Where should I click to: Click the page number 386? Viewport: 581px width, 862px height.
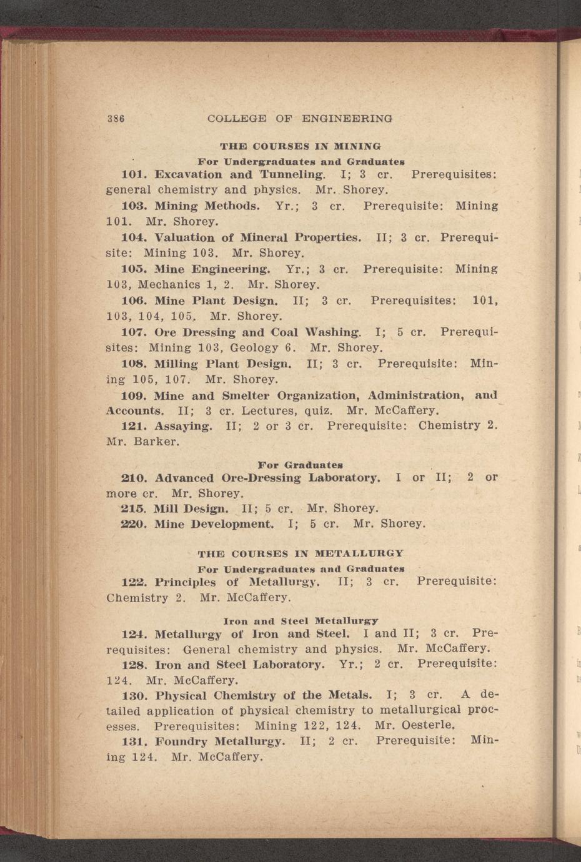116,118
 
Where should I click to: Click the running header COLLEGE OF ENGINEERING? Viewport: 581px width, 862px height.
300,118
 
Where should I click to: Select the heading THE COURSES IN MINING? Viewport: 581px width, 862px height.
300,147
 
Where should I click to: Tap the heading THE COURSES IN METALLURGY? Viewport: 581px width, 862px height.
300,553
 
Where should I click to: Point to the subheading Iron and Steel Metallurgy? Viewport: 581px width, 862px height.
300,621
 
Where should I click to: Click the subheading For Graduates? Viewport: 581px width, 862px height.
300,465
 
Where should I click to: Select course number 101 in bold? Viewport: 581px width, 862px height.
133,174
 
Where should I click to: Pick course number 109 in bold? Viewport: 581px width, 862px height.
133,396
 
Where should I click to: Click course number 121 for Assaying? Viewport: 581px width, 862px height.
133,426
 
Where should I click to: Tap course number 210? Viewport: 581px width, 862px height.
133,478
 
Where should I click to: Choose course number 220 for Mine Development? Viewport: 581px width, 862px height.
133,524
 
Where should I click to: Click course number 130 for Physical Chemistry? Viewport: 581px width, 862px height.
133,695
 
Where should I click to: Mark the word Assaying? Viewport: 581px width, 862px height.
184,426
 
